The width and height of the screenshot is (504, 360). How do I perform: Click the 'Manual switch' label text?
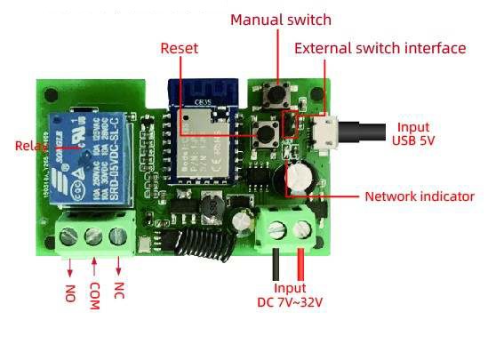(280, 20)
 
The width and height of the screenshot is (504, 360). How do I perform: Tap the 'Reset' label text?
(179, 48)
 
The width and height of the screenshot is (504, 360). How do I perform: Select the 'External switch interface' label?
(380, 48)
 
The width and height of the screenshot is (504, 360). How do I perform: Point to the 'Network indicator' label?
(420, 196)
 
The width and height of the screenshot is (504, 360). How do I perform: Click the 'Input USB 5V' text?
(412, 133)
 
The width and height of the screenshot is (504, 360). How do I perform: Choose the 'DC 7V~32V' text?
(290, 303)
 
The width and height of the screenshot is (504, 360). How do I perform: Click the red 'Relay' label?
(31, 145)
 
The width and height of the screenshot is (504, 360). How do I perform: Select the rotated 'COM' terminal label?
(94, 296)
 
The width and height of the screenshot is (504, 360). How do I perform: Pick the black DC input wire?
(278, 262)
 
